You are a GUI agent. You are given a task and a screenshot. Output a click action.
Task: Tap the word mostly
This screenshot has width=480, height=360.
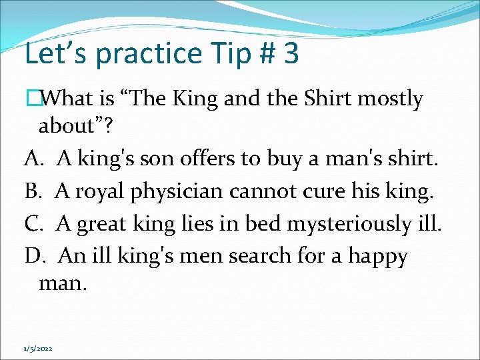tap(390, 99)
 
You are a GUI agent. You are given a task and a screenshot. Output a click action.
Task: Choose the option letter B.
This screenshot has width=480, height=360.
tap(33, 191)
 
